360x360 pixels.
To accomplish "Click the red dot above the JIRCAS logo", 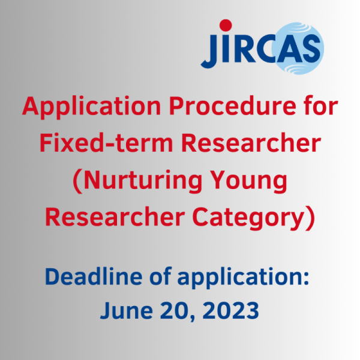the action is point(226,25).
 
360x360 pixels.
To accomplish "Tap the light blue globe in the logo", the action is point(298,48).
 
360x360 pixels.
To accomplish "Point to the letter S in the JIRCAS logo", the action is point(311,49).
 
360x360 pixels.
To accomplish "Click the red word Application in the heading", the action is point(92,107).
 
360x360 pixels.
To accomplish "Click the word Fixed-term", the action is point(106,143).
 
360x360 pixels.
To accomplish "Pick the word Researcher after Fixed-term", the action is point(251,143).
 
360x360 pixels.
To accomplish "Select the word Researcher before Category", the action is point(115,217).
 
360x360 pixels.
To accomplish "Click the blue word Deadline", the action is point(94,276).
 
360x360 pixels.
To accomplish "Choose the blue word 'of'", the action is point(160,276).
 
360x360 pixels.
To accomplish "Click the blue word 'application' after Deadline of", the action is point(243,277).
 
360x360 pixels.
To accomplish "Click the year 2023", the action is point(231,310).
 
